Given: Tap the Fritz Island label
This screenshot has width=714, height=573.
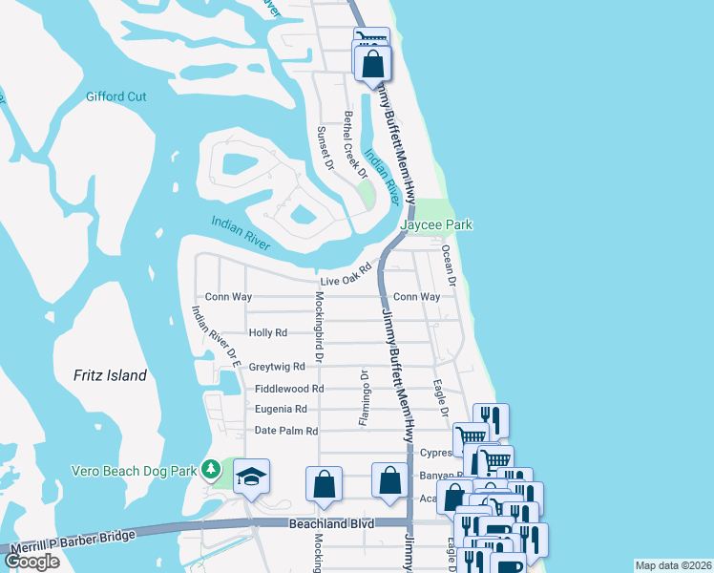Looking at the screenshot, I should click(111, 375).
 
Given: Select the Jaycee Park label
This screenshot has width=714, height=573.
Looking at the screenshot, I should click(436, 224).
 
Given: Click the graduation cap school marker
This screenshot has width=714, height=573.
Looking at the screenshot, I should click(251, 477).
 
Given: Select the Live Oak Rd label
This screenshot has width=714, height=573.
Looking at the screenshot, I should click(345, 275).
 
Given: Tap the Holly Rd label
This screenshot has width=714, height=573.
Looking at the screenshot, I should click(267, 333).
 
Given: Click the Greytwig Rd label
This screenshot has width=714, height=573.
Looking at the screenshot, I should click(276, 366).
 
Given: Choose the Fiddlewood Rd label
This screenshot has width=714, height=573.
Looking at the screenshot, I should click(289, 389).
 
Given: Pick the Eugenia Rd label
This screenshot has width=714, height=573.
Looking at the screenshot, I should click(281, 409).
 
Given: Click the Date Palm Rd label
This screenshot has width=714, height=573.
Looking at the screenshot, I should click(285, 431).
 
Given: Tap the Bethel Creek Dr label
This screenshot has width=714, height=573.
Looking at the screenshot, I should click(355, 145).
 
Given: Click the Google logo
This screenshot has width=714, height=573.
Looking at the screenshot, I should click(31, 562).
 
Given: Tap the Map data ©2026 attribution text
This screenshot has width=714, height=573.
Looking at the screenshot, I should click(673, 564).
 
